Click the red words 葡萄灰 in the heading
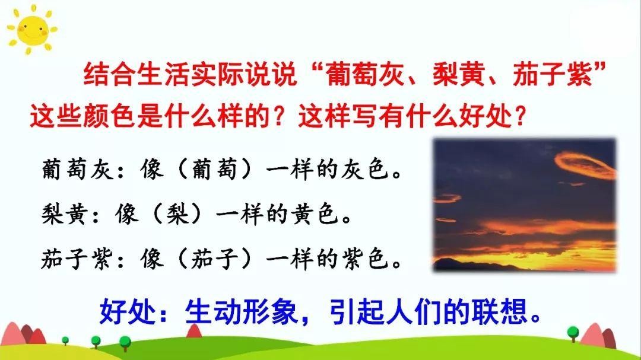click(x=365, y=75)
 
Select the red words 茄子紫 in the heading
click(x=553, y=75)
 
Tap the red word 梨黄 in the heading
click(x=459, y=75)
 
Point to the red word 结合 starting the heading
click(x=110, y=74)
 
